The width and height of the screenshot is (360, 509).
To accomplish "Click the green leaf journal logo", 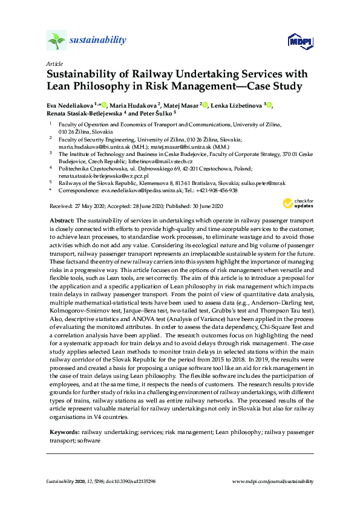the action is click(x=56, y=41).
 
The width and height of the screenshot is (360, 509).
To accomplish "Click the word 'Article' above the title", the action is click(x=54, y=63).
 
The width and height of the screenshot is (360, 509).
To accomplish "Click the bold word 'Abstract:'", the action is click(x=62, y=221).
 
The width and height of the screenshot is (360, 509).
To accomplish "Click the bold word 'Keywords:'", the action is click(x=64, y=433).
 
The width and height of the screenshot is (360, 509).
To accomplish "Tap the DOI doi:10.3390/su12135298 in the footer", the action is click(x=136, y=481).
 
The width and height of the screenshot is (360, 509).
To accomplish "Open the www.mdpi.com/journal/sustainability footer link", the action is click(x=273, y=481).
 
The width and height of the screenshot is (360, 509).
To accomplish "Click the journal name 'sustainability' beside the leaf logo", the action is click(x=98, y=41).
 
